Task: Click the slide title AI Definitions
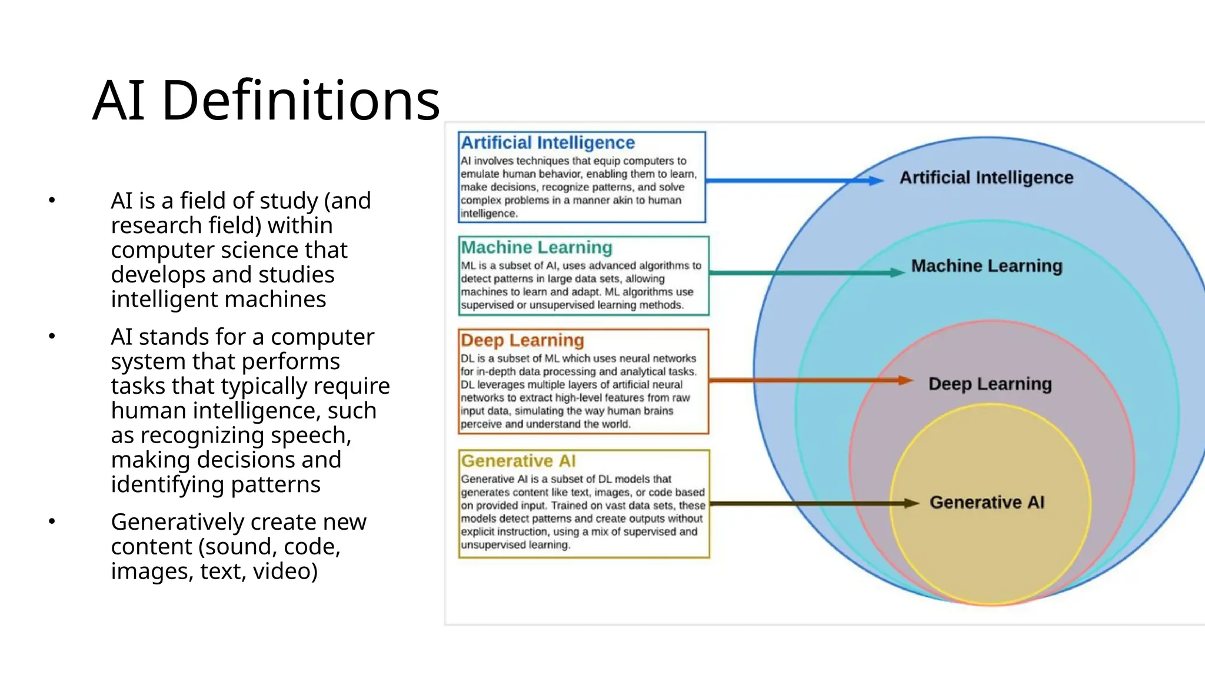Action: click(x=266, y=100)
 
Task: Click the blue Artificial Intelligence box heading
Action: click(x=547, y=142)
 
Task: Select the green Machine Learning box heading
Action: click(x=536, y=247)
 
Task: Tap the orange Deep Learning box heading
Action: click(x=522, y=340)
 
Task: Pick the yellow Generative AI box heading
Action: click(x=518, y=461)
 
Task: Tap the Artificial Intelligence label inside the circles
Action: click(x=986, y=177)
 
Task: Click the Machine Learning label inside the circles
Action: click(x=987, y=266)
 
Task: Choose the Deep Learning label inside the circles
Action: click(x=990, y=384)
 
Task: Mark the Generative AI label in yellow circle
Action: click(x=987, y=502)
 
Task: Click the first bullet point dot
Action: click(x=52, y=201)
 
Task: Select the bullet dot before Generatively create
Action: click(x=52, y=521)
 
